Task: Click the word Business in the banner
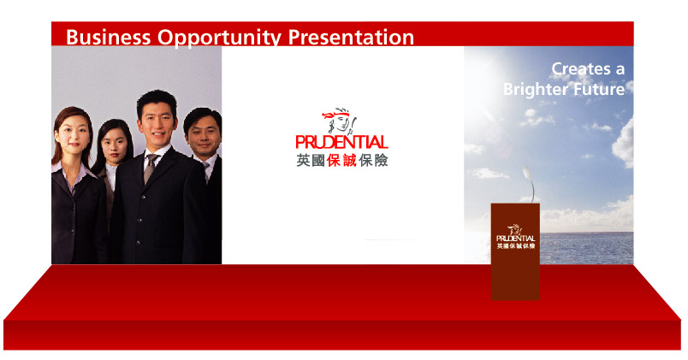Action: [108, 37]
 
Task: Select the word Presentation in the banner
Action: [351, 38]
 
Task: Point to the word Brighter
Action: [530, 90]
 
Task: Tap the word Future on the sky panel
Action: [593, 89]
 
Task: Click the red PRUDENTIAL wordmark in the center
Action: [341, 142]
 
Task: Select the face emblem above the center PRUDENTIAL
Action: [339, 121]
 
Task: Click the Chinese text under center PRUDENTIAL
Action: [341, 161]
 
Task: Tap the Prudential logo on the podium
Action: [515, 237]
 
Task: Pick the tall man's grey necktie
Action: [150, 168]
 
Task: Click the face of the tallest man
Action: [157, 125]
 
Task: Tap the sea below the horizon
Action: [586, 248]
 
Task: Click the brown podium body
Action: [515, 251]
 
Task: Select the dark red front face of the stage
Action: [341, 335]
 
